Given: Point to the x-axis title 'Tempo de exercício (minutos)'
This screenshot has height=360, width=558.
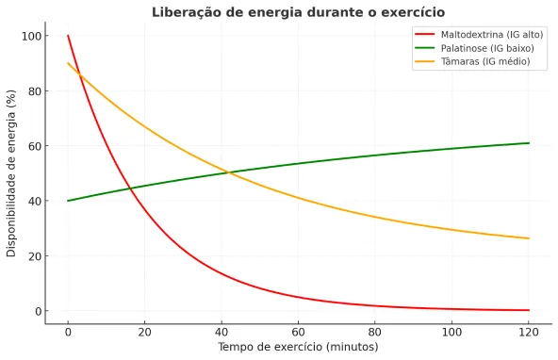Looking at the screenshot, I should tap(298, 347).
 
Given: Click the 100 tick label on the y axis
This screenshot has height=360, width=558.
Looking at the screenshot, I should tap(32, 36).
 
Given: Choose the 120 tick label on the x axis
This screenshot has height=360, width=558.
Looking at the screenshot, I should tap(529, 331).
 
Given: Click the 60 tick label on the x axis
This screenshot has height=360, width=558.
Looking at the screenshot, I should tap(298, 331).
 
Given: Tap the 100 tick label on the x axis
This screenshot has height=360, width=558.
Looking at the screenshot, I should tap(451, 331).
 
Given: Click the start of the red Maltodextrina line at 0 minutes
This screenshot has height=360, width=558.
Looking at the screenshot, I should tap(68, 36).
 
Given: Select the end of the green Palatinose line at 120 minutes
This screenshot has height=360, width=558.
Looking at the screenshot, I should tap(529, 143).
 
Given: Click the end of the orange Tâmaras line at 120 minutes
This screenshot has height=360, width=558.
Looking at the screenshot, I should tap(529, 238).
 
